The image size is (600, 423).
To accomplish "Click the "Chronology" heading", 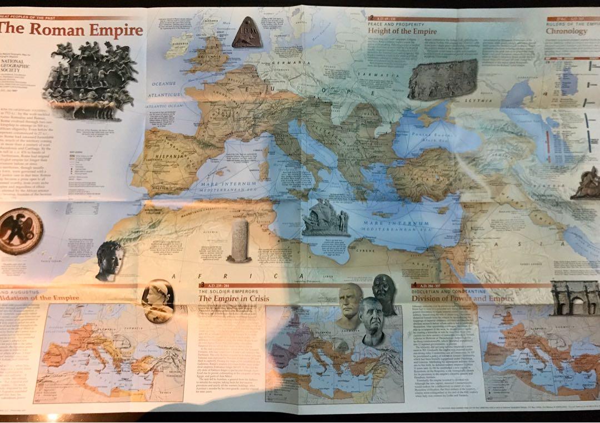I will click(x=566, y=31).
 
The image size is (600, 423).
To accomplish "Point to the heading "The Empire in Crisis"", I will click(x=234, y=299).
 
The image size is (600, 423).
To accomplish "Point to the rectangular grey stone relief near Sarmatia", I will click(x=443, y=80).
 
